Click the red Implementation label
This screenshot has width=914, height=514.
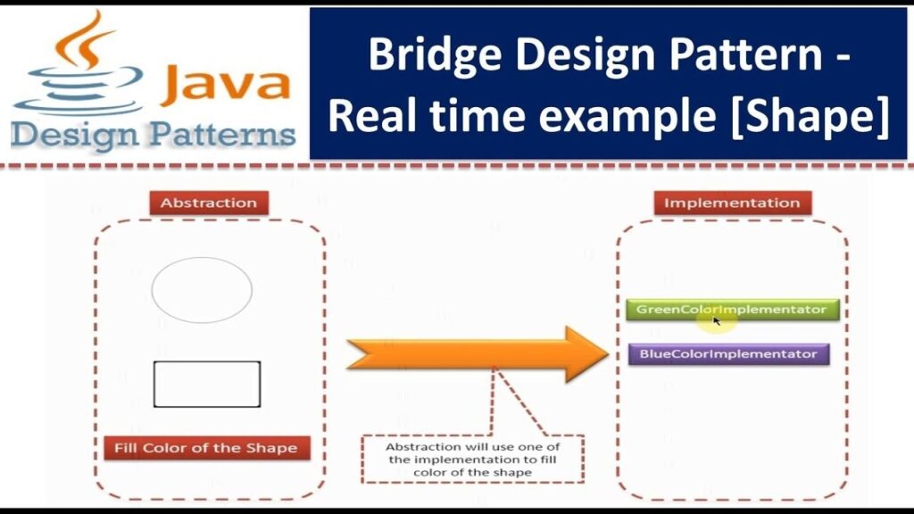pyautogui.click(x=732, y=203)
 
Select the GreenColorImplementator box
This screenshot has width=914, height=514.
pyautogui.click(x=731, y=310)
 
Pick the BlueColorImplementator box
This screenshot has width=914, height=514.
pyautogui.click(x=728, y=354)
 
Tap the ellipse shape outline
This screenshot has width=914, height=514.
pyautogui.click(x=202, y=289)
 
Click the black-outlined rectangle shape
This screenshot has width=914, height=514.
pyautogui.click(x=207, y=384)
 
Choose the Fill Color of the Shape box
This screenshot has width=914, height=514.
pyautogui.click(x=206, y=448)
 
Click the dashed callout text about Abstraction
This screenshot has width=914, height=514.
pyautogui.click(x=472, y=459)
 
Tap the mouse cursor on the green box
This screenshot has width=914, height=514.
pyautogui.click(x=717, y=319)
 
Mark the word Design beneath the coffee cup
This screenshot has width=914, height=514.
pyautogui.click(x=74, y=136)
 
